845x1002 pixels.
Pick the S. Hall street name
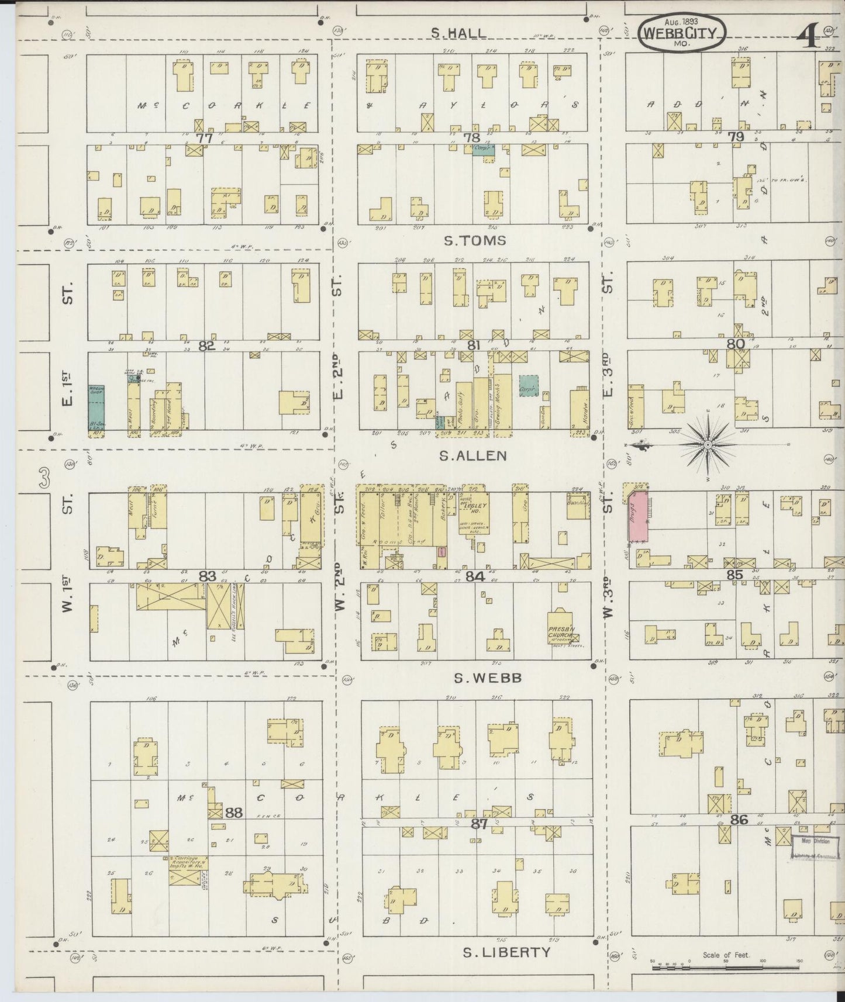coord(458,33)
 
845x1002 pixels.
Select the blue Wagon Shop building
coord(96,408)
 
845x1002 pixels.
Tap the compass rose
coord(708,445)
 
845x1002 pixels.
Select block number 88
coord(234,813)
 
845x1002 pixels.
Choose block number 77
coord(204,139)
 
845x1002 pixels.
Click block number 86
coord(739,820)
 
